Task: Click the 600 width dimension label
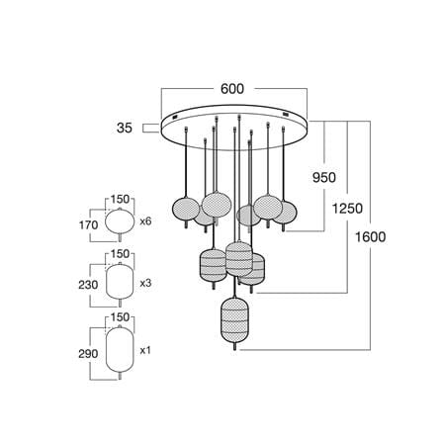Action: (232, 89)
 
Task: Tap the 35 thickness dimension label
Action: (125, 128)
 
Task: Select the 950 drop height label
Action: (324, 178)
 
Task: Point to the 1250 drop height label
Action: (347, 209)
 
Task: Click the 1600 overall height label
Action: (370, 237)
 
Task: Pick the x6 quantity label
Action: (145, 221)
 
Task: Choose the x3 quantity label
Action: (145, 283)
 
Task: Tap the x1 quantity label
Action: (145, 350)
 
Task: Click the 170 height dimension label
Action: (88, 225)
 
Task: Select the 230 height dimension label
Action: (88, 285)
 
